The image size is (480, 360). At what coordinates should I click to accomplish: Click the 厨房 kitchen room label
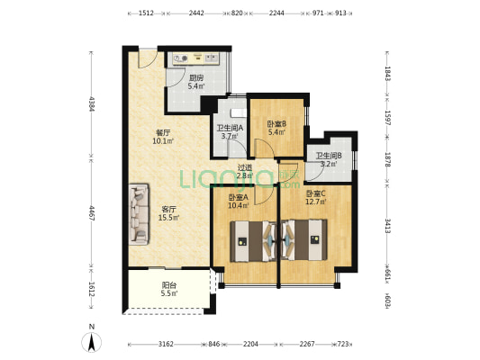pos(196,78)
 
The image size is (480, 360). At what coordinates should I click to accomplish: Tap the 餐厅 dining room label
pos(163,133)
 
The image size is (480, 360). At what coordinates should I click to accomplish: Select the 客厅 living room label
pos(168,210)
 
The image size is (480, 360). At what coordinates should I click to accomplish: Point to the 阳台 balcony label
pos(169,285)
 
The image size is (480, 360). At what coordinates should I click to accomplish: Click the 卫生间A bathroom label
pos(230,128)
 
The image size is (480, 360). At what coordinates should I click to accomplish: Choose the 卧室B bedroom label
pos(276,124)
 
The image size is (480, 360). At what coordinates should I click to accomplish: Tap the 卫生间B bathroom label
pos(329,156)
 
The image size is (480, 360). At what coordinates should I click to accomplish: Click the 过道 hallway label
pos(245,167)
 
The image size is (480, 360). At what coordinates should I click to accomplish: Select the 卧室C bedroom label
pos(315,193)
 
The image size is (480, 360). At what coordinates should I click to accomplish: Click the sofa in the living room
pos(139,214)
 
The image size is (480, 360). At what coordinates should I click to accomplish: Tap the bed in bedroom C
pos(304,240)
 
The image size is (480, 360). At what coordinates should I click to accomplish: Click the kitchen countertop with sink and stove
pos(196,58)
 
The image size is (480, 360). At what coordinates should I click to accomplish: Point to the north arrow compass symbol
pos(91,342)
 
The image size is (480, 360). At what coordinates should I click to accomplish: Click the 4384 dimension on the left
pos(91,104)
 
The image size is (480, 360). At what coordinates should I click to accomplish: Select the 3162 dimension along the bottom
pos(166,344)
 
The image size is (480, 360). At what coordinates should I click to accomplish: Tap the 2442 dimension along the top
pos(196,13)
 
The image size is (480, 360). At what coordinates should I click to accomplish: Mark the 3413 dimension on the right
pos(388,225)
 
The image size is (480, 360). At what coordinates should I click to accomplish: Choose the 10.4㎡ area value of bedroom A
pos(239,205)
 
